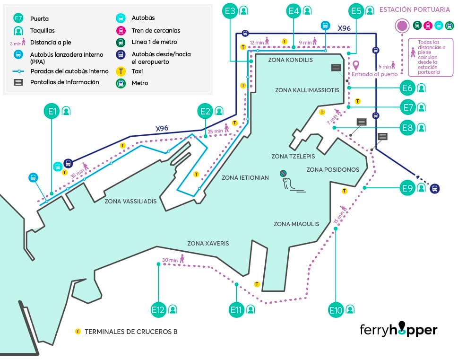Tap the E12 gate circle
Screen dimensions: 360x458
[x=158, y=310]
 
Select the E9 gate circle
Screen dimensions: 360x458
[x=407, y=188]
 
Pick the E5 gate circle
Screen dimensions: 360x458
[x=356, y=10]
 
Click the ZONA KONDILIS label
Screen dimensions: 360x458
[x=290, y=60]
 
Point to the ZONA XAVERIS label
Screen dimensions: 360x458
[x=208, y=244]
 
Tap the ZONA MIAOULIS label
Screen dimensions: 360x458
[x=296, y=224]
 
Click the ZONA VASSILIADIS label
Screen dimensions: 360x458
[x=130, y=201]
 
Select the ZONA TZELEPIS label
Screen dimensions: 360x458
[x=293, y=157]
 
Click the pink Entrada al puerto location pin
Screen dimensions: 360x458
[x=355, y=65]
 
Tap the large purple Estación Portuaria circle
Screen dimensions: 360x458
[x=403, y=26]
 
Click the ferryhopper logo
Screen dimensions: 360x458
[x=398, y=329]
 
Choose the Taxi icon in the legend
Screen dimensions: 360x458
[x=121, y=71]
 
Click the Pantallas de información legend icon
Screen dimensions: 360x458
[x=18, y=82]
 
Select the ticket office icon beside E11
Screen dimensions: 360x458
[x=250, y=310]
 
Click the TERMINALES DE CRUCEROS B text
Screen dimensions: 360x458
[x=131, y=332]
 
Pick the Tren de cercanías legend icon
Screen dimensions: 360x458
[x=121, y=31]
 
